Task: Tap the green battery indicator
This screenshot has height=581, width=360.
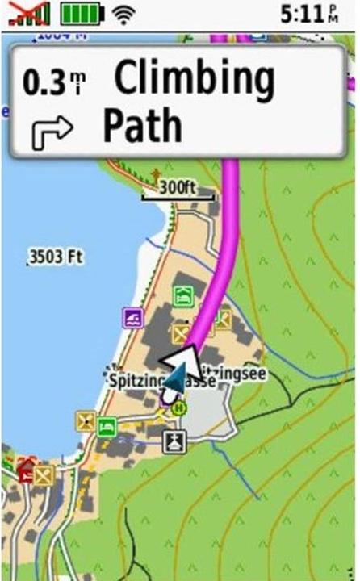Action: (x=82, y=13)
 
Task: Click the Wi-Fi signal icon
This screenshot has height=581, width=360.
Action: (x=123, y=13)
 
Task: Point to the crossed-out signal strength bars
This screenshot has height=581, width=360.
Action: (x=29, y=13)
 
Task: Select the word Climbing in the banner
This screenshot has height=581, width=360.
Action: (x=194, y=79)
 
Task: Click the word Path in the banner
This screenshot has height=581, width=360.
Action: (x=142, y=125)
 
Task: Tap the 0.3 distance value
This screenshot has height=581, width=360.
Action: (x=44, y=82)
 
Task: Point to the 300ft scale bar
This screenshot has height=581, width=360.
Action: (x=178, y=193)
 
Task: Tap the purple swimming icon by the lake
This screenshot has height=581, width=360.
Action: (x=132, y=317)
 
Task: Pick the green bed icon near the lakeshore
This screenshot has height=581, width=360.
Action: (x=107, y=426)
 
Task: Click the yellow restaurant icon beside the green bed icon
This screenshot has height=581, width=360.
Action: (x=86, y=420)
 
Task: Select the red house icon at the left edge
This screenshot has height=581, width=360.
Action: (x=25, y=469)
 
